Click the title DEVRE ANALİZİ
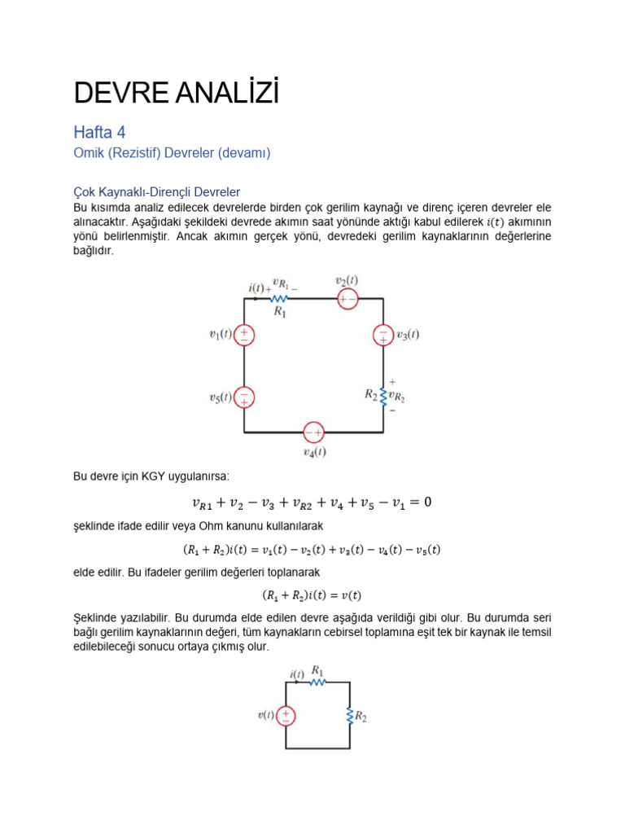(176, 94)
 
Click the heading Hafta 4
(99, 132)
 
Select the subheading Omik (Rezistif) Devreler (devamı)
(171, 153)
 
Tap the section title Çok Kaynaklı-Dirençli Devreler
(156, 192)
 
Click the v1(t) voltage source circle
(244, 335)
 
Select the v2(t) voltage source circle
(347, 299)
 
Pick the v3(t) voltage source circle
(382, 335)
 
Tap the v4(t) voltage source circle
(313, 432)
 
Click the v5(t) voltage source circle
(244, 397)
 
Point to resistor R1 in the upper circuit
(279, 299)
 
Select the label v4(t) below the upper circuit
(314, 451)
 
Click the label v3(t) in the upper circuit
(408, 335)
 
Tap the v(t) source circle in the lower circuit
(286, 715)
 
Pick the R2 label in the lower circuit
(361, 717)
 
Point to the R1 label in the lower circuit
(317, 671)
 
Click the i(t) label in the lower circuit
(297, 674)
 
